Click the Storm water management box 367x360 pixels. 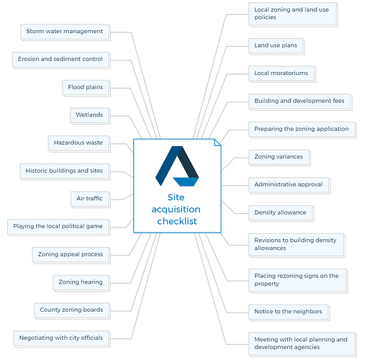pos(65,32)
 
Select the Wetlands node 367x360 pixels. pos(90,115)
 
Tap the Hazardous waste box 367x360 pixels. pos(79,143)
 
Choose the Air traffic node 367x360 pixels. pos(91,199)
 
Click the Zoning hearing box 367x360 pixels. pos(81,282)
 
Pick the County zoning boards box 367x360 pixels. pos(72,310)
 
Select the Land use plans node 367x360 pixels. pos(276,46)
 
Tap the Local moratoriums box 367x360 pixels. pos(282,73)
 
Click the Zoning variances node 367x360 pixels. pos(279,158)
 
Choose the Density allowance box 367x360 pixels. pos(281,213)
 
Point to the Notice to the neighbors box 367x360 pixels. pos(289,312)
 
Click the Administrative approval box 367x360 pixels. pos(289,185)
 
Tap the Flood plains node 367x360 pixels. pos(86,88)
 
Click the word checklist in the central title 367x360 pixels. pos(177,221)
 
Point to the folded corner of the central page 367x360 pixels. pos(217,143)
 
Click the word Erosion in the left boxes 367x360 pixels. pos(29,59)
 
